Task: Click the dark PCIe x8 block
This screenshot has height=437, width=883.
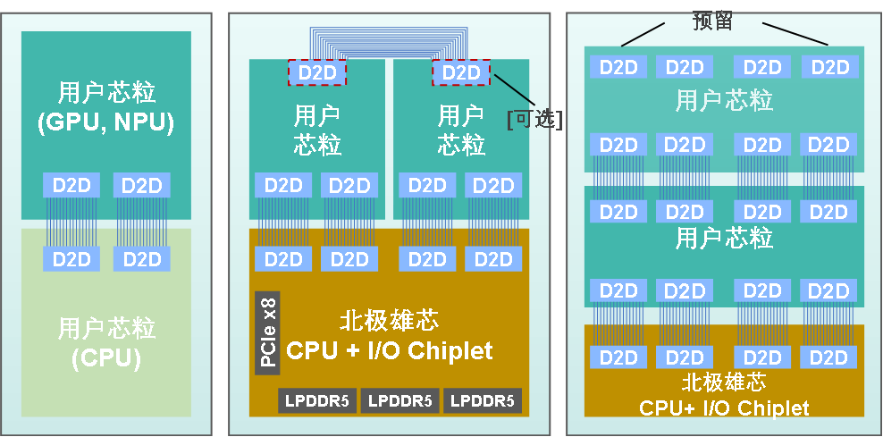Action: coord(267,333)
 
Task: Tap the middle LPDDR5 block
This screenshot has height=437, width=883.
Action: coord(400,400)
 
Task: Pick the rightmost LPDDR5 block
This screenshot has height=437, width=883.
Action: coord(482,400)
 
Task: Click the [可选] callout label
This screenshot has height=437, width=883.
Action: coord(534,119)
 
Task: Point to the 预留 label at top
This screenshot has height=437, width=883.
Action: coord(712,21)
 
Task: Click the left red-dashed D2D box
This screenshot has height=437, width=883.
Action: coord(318,72)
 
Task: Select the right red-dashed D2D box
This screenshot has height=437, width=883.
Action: coord(461,72)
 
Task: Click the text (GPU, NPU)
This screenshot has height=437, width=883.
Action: coord(105,123)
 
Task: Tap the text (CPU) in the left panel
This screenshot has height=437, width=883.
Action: coord(105,359)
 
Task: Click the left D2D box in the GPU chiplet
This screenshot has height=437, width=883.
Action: coord(71,186)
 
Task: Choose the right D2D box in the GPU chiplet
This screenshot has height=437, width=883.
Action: coord(141,186)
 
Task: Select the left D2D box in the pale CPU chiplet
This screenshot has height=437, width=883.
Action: coord(71,259)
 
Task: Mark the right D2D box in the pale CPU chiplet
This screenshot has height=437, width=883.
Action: coord(141,259)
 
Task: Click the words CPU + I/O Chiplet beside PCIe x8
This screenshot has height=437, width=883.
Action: coord(390,350)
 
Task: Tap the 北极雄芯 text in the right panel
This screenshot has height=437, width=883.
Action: coord(724,382)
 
